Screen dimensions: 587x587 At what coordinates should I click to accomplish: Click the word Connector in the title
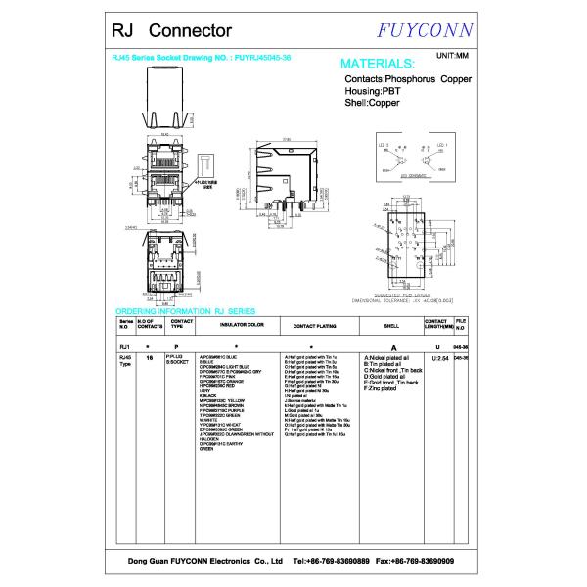point(191,32)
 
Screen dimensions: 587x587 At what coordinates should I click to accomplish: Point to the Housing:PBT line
point(373,90)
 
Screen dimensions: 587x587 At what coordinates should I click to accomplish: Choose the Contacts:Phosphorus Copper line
point(409,78)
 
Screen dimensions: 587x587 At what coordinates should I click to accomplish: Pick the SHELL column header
point(391,324)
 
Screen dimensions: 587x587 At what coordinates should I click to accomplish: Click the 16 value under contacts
point(149,358)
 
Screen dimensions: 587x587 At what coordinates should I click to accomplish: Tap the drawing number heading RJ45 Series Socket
point(203,57)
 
